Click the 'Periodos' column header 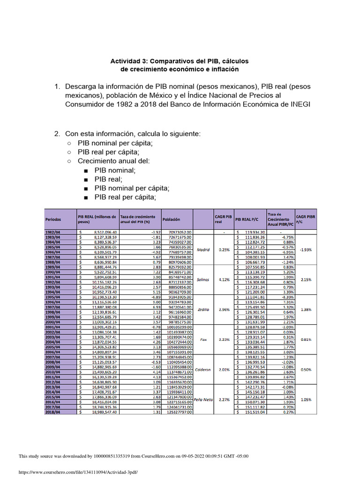pyautogui.click(x=53, y=219)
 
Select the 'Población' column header pyautogui.click(x=171, y=219)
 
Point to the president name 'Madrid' pyautogui.click(x=203, y=250)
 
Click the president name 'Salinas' pyautogui.click(x=203, y=280)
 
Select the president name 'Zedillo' pyautogui.click(x=203, y=310)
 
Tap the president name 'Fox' pyautogui.click(x=203, y=340)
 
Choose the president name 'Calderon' pyautogui.click(x=203, y=369)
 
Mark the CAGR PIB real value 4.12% pyautogui.click(x=224, y=280)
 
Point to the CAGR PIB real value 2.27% pyautogui.click(x=224, y=400)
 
